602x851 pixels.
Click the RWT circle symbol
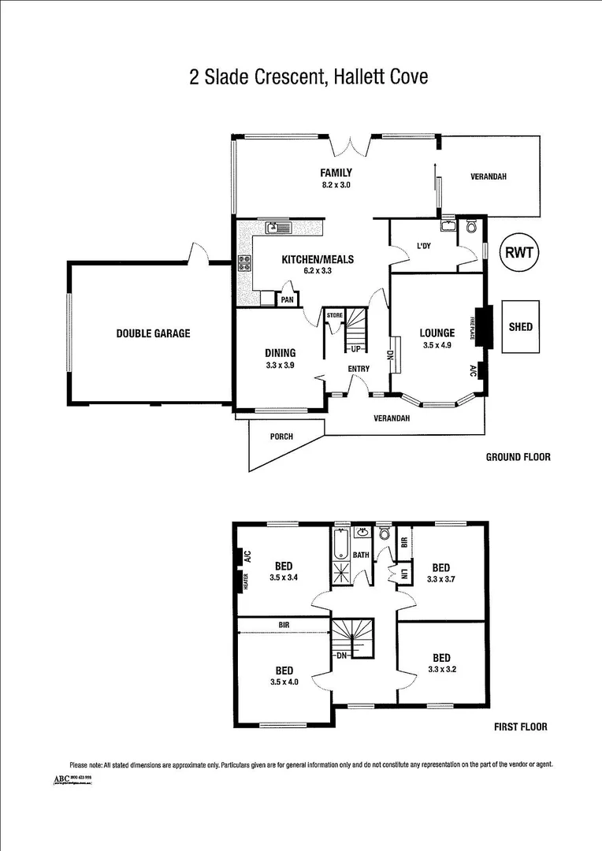[519, 253]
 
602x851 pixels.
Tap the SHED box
[520, 326]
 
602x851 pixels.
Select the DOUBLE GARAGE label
[153, 333]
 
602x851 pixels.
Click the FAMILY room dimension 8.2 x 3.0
[335, 185]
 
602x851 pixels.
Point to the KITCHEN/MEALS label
[318, 259]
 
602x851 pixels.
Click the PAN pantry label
[288, 299]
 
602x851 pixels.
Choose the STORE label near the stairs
[335, 316]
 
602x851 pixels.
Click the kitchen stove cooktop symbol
[244, 264]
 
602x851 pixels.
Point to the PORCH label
[281, 437]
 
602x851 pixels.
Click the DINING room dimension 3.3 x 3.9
[280, 365]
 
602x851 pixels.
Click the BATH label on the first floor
[361, 555]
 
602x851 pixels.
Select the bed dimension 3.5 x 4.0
[284, 682]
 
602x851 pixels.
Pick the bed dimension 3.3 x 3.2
[440, 670]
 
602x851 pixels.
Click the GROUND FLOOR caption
[518, 457]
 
